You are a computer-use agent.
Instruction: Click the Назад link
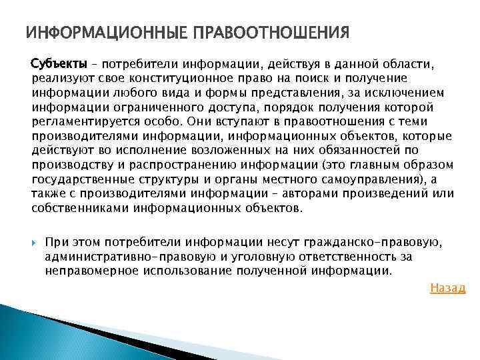click(448, 288)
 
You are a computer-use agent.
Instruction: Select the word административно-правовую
click(110, 257)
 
